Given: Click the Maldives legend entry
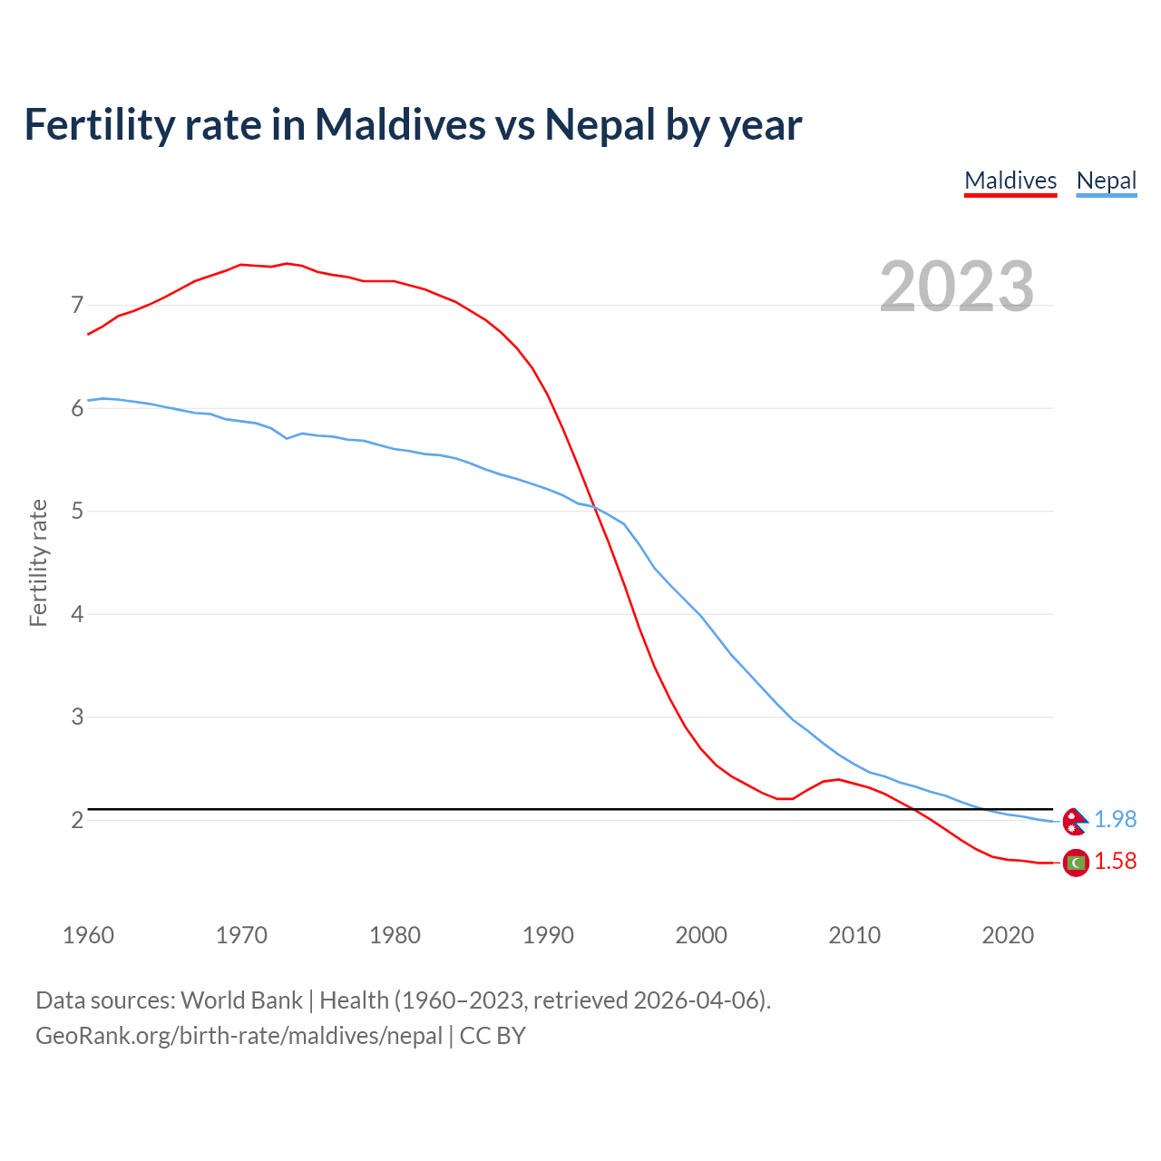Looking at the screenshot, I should tap(1010, 180).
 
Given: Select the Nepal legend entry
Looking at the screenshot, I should tap(1106, 180).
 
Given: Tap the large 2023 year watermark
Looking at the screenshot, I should tap(957, 287).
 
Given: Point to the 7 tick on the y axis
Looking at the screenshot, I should tap(77, 305).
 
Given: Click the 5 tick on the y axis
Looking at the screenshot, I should tap(77, 511).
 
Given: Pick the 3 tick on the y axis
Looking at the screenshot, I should tap(77, 717).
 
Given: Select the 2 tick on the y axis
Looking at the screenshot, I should tap(77, 820).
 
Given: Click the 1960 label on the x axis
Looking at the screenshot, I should tap(88, 935).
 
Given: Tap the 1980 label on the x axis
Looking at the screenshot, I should tap(395, 935).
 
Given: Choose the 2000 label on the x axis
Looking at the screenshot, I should tap(701, 935).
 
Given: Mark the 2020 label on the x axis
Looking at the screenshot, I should tap(1008, 935).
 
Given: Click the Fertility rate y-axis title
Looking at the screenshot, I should tap(38, 562).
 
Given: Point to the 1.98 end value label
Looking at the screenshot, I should tap(1115, 819).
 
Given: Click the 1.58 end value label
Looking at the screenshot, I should tap(1115, 861).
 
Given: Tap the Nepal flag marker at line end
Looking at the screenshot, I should tap(1075, 821).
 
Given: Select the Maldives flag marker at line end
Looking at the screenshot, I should tap(1076, 863).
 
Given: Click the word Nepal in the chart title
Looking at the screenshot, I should tap(600, 124).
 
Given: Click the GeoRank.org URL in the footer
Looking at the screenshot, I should tap(239, 1035).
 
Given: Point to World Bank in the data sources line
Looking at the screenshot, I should tap(241, 1000).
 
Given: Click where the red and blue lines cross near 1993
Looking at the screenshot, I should tap(595, 508).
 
